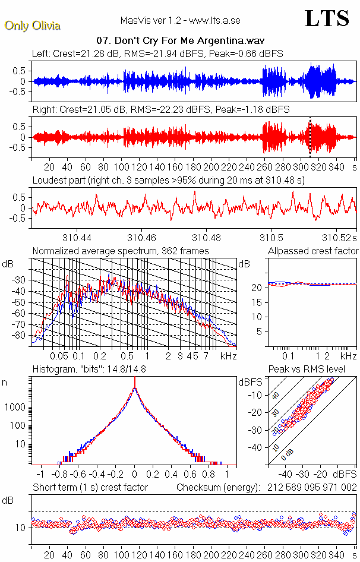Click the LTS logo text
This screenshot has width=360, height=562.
326,18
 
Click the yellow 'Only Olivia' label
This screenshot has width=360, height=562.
32,26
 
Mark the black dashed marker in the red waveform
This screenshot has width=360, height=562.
310,137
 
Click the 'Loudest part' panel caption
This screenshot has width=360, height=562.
168,180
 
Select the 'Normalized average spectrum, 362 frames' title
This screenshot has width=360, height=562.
121,251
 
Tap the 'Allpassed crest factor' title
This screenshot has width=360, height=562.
313,251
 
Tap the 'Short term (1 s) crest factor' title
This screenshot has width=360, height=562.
90,488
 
